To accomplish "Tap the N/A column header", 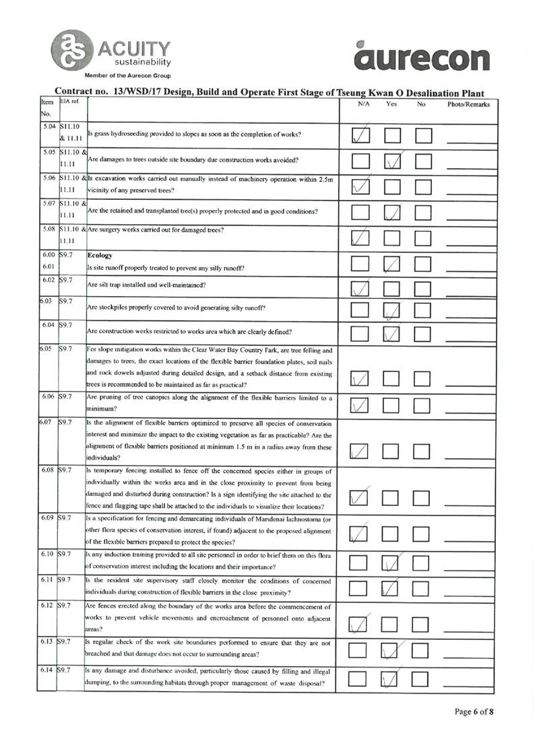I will [364, 104].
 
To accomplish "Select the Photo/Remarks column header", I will [469, 105].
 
